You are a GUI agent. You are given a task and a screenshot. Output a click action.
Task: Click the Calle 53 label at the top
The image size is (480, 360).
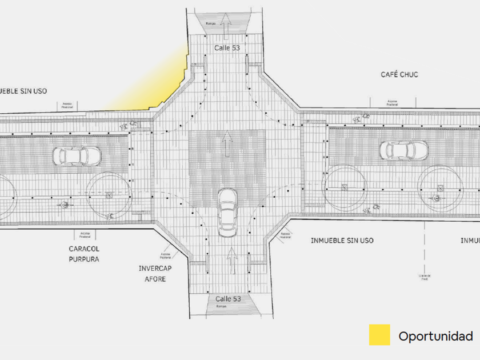(x=227, y=48)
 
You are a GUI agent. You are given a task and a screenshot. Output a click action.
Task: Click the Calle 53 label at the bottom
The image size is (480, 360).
(x=228, y=299)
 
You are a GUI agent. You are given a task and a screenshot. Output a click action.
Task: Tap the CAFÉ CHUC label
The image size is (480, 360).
(x=399, y=75)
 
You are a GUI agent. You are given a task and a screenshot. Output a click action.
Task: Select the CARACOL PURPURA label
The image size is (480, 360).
(x=84, y=254)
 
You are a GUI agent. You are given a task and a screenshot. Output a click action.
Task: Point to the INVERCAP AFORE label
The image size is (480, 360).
(x=152, y=273)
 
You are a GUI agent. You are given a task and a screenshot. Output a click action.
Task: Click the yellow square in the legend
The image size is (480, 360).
(x=379, y=335)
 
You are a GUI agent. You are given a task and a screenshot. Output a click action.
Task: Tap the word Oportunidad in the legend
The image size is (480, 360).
(x=435, y=336)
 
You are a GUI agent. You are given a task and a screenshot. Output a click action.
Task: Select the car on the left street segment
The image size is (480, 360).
(x=77, y=155)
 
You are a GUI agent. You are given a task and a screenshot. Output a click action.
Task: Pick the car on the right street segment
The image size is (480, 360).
(x=405, y=150)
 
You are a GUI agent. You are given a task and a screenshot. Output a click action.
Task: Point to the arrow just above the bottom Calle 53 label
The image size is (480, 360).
(x=233, y=261)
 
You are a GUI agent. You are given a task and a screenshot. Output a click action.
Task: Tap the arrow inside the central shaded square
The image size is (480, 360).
(x=227, y=144)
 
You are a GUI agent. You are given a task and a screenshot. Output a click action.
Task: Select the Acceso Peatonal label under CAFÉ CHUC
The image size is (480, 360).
(x=392, y=103)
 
